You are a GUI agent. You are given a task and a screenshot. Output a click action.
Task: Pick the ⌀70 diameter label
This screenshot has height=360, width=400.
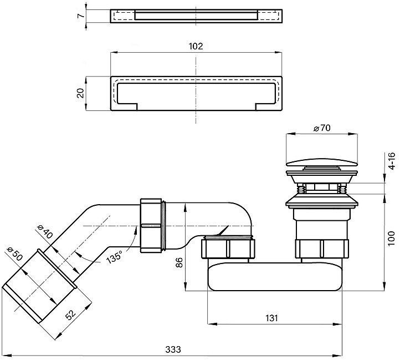point(321,128)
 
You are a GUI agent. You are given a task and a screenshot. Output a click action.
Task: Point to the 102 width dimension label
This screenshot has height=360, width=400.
point(196,47)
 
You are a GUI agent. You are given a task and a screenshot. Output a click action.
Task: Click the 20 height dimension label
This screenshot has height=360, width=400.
point(81,93)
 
